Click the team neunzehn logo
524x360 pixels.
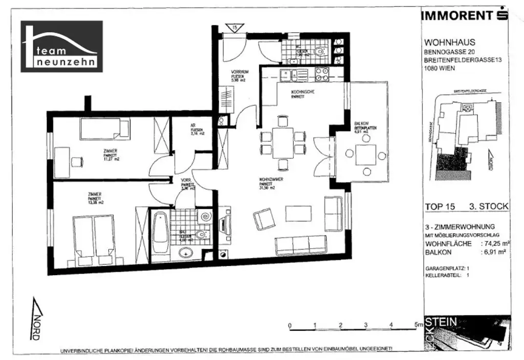61,47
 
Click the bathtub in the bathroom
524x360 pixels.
159,233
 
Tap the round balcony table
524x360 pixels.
366,155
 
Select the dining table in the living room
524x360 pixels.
282,143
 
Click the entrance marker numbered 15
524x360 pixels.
233,28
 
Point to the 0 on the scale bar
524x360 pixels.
290,325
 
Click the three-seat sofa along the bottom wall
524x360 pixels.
301,245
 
